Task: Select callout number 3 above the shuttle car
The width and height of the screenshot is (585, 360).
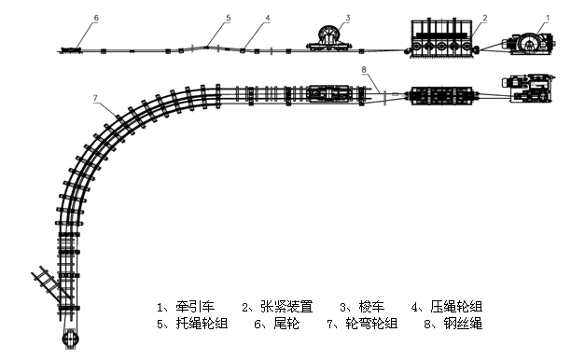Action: [x=347, y=18]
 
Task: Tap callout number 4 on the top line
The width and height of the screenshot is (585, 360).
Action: [x=267, y=18]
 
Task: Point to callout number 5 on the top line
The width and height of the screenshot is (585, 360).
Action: [x=228, y=18]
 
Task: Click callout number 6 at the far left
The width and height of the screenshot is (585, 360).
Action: [x=95, y=18]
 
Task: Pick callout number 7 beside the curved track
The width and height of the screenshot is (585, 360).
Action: [x=95, y=98]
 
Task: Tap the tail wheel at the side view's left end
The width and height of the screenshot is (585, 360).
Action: [x=71, y=49]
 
